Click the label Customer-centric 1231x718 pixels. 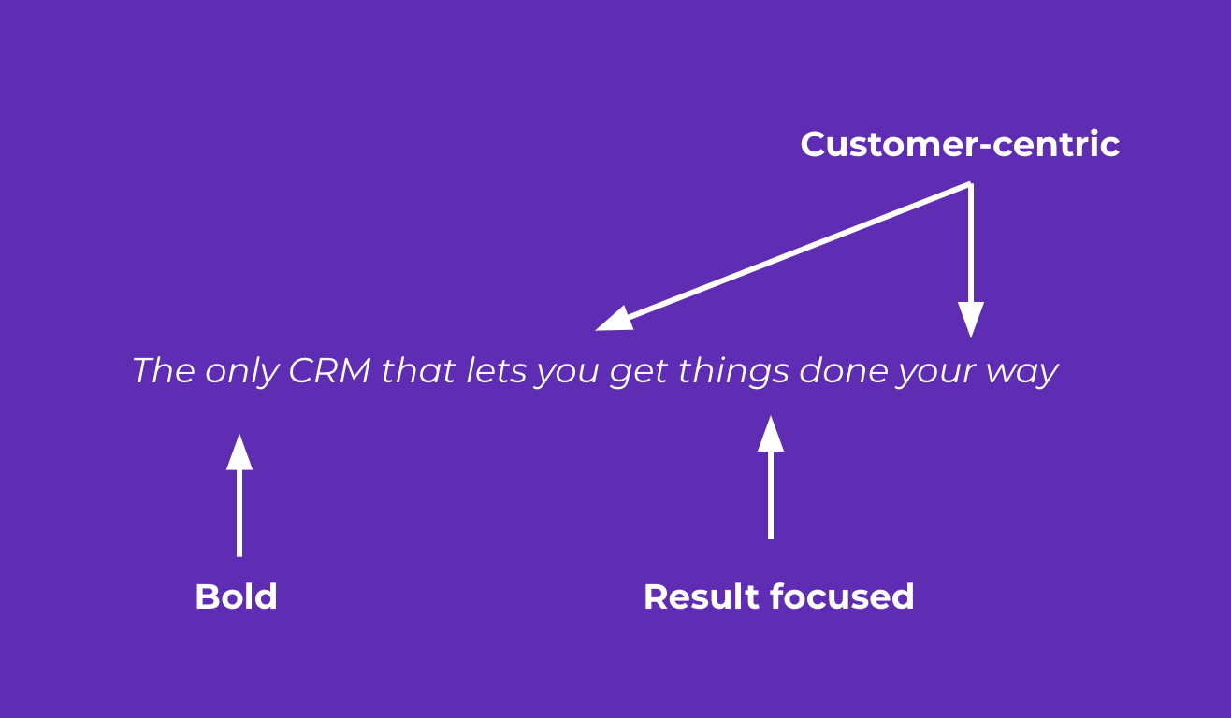tap(960, 145)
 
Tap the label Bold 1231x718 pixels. tap(236, 596)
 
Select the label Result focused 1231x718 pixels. tap(778, 596)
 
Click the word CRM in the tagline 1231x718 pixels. tap(329, 371)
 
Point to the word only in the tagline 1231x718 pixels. tap(241, 372)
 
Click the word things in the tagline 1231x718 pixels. tap(734, 372)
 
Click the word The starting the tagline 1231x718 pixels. tap(164, 371)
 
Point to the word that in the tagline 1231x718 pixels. tap(417, 371)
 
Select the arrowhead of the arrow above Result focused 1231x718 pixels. tap(770, 434)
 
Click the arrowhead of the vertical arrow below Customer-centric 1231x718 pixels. tap(971, 320)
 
